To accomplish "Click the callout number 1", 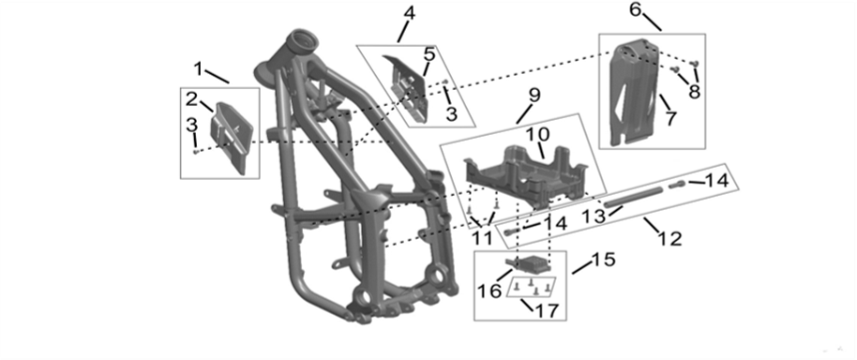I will (198, 68).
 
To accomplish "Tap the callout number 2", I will (190, 99).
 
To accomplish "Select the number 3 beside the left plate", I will (190, 125).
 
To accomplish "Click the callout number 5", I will (428, 54).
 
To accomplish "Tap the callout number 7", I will (669, 119).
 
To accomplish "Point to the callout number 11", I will (482, 238).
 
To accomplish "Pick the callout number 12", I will (669, 238).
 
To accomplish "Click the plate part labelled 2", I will (231, 136).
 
